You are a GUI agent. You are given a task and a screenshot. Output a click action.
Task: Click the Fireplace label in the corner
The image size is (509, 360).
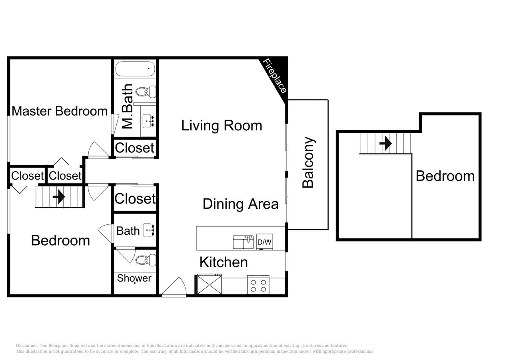coord(275,76)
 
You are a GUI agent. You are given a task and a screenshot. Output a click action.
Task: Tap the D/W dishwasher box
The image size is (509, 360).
coord(264,242)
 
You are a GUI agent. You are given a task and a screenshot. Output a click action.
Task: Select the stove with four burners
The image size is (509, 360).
coord(258,285)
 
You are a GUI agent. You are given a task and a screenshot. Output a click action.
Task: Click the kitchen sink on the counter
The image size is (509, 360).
coord(244,242)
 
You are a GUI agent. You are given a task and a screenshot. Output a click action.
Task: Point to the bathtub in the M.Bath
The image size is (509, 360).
coord(135,69)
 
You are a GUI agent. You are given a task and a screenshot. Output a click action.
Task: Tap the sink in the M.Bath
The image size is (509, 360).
coord(148,120)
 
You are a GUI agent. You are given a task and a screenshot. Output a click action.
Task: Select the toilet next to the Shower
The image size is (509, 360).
coord(145,260)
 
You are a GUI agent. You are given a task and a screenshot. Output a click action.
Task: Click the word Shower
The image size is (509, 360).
coord(134,278)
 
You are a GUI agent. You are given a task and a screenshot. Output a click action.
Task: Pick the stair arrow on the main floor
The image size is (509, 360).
coord(59,197)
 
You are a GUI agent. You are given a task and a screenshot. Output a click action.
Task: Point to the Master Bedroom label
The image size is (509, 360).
coord(60,111)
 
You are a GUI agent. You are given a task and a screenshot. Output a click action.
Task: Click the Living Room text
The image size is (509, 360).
coord(222,125)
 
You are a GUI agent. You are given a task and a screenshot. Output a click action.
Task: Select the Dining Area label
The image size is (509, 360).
coord(240,204)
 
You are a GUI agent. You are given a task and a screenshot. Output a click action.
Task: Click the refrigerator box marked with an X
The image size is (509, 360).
coord(209,285)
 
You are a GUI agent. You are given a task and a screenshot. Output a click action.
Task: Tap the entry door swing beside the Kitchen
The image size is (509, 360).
coord(174,287)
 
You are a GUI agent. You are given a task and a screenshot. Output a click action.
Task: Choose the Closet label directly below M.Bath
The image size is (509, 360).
coord(134,148)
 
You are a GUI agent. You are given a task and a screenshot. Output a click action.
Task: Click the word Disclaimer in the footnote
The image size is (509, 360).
coord(27,346)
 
